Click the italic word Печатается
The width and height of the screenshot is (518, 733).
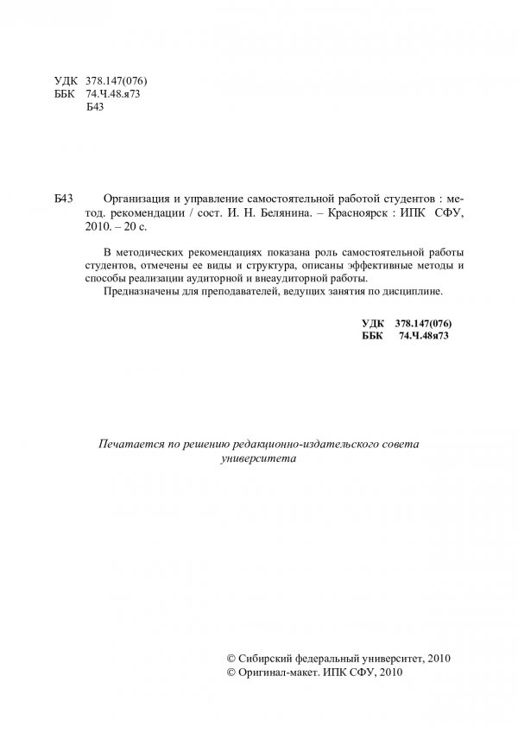129,443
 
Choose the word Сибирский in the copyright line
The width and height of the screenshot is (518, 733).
262,658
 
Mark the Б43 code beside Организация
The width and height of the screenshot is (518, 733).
65,198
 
